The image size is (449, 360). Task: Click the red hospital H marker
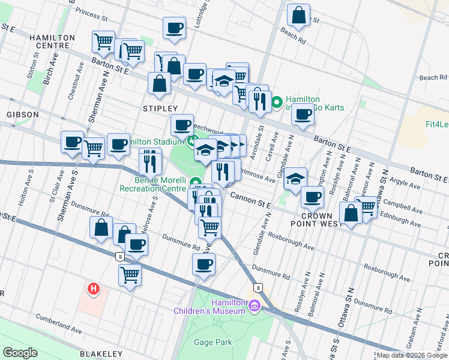coord(93,289)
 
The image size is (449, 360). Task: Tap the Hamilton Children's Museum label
coord(210,307)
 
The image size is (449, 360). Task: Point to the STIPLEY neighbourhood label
coord(158,108)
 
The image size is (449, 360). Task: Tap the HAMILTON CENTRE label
coord(52,41)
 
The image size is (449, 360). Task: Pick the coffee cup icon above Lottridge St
coord(175,28)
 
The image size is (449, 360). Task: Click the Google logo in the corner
coord(19,353)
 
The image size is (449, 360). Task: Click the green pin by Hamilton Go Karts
coord(277,103)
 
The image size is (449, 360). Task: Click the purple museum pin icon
coord(255,307)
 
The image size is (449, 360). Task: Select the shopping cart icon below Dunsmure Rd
coord(130,275)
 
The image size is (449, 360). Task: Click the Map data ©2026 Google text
coord(412,355)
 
